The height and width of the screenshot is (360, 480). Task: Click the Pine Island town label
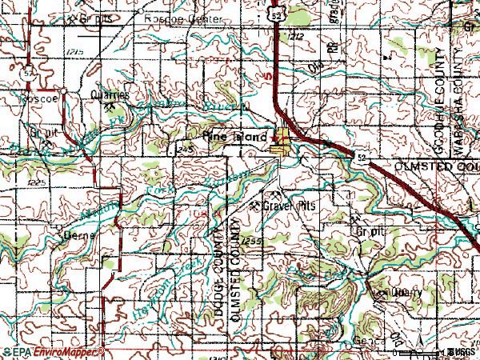pos(235,137)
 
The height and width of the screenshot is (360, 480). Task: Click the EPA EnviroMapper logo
pos(53,352)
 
